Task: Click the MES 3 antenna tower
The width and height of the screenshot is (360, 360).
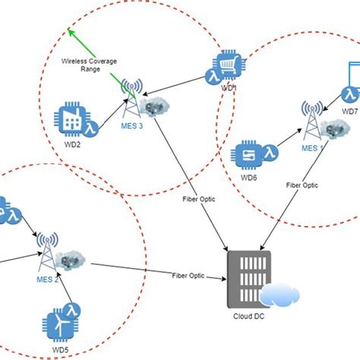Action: coord(134,98)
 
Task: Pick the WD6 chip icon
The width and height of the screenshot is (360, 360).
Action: coord(250,155)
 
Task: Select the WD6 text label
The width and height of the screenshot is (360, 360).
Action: coord(249,178)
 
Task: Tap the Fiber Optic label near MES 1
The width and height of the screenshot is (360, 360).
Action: coord(302,184)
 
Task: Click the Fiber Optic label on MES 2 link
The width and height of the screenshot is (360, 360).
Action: coord(188,275)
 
